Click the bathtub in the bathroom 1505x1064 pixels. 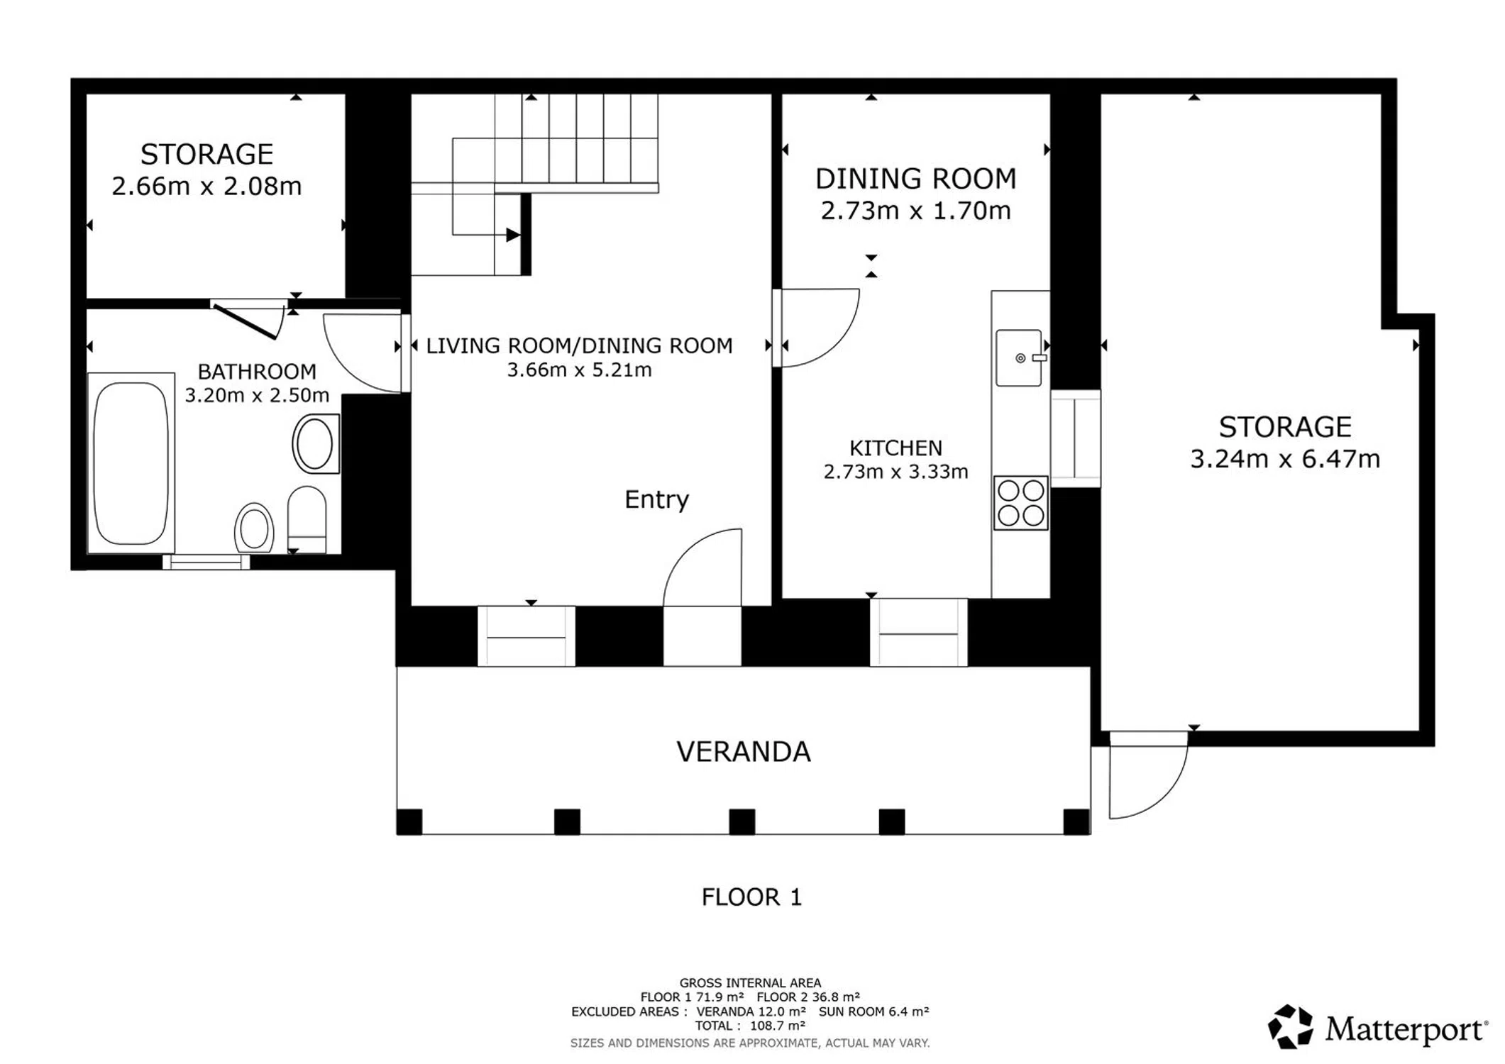tap(131, 463)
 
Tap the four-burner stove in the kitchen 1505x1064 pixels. tap(1021, 503)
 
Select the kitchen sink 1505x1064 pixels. tap(1019, 358)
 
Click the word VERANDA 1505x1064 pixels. tap(743, 752)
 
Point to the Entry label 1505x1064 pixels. tap(656, 499)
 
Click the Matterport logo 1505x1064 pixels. tap(1377, 1027)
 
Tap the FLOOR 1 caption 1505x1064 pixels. tap(751, 897)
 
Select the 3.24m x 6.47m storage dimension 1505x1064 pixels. tap(1285, 459)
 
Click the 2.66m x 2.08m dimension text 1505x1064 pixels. tap(206, 186)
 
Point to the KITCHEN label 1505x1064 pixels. tap(895, 448)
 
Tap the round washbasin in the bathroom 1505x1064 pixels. tap(315, 445)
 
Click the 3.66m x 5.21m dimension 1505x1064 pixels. tap(579, 370)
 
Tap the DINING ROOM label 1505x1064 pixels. tap(915, 179)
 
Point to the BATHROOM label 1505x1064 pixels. tap(257, 372)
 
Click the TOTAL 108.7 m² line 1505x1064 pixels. tap(750, 1026)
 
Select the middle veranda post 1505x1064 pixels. tap(742, 821)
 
